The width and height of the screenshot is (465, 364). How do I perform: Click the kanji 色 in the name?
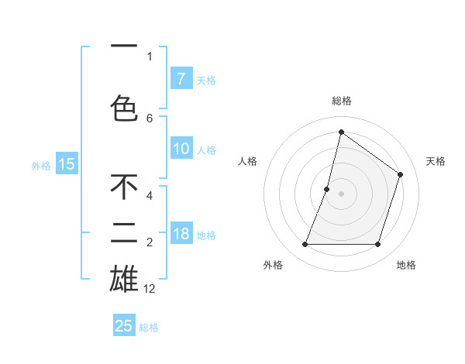pos(124,108)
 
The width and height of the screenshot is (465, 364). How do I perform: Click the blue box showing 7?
pos(181,78)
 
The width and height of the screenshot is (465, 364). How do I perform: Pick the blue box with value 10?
pos(181,149)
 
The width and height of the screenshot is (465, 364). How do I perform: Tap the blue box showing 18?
pos(181,234)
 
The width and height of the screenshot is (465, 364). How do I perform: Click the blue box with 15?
pos(67,163)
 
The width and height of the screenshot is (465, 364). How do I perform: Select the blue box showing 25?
pos(124,326)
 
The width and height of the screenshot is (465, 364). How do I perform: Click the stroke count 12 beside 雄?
pos(150,289)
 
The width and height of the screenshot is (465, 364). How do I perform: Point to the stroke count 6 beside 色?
pos(150,118)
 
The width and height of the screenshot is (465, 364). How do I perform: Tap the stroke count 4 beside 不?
pos(150,197)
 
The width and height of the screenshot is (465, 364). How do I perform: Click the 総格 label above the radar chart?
pos(341,101)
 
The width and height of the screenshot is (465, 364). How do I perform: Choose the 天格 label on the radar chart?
pos(436,161)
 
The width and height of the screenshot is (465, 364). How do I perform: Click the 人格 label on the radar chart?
pos(247,161)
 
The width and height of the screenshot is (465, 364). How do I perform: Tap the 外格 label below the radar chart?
pos(273,265)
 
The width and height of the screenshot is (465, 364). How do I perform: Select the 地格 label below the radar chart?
pos(406,265)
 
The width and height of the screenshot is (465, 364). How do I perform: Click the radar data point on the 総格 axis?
pos(341,132)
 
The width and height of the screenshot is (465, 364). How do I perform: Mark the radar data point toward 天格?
pos(400,174)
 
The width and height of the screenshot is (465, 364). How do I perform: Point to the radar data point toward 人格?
pos(327,189)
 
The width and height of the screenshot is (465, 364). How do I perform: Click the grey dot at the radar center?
pos(341,194)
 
